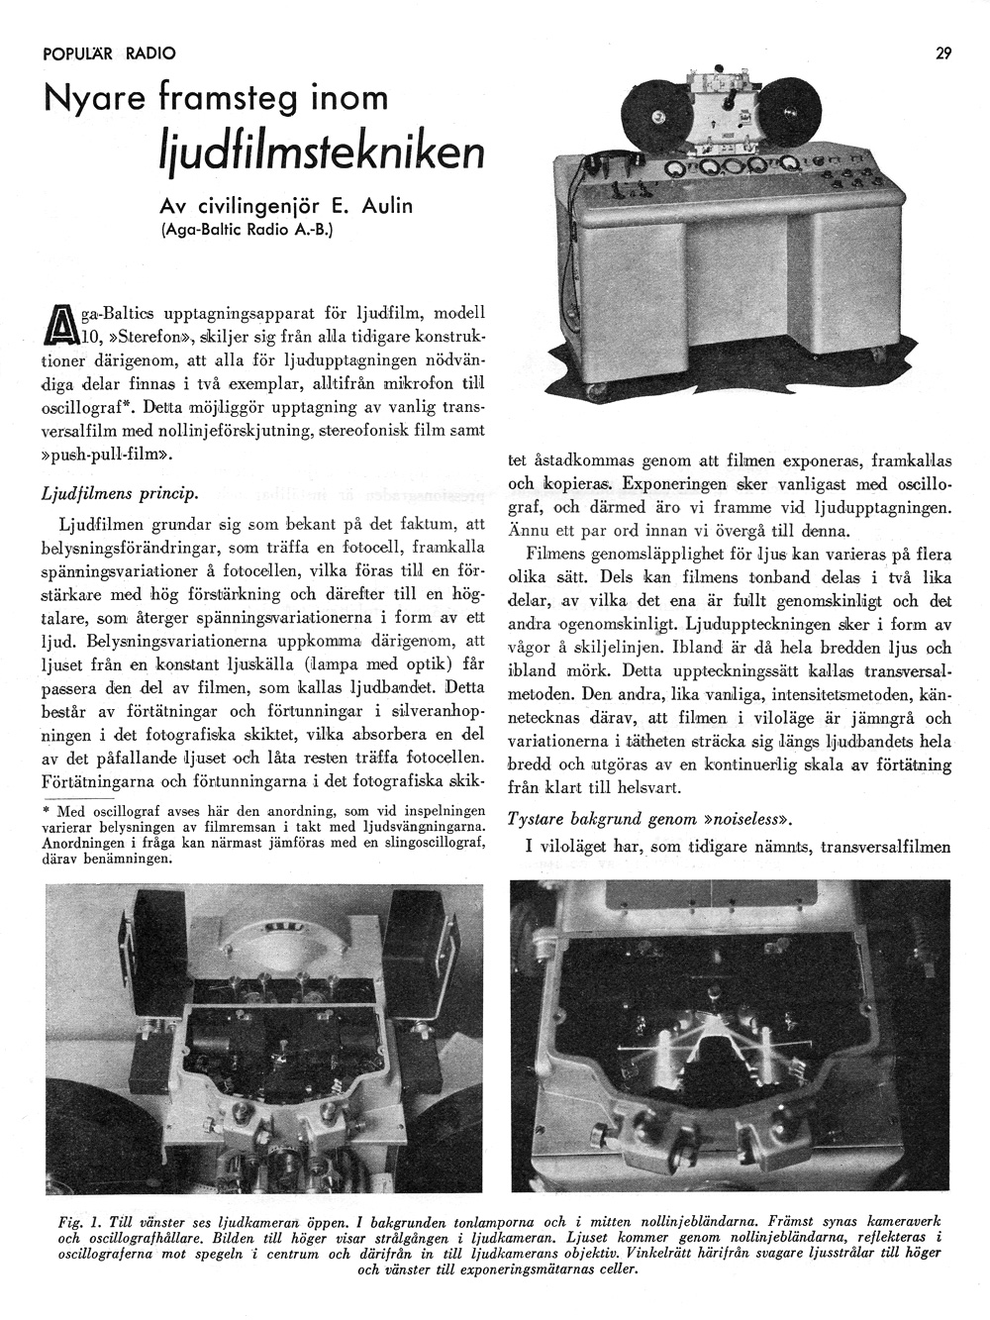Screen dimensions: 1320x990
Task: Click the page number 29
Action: click(942, 54)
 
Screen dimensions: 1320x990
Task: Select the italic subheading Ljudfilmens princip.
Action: click(120, 492)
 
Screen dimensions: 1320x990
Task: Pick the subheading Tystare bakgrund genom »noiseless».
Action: click(648, 819)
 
